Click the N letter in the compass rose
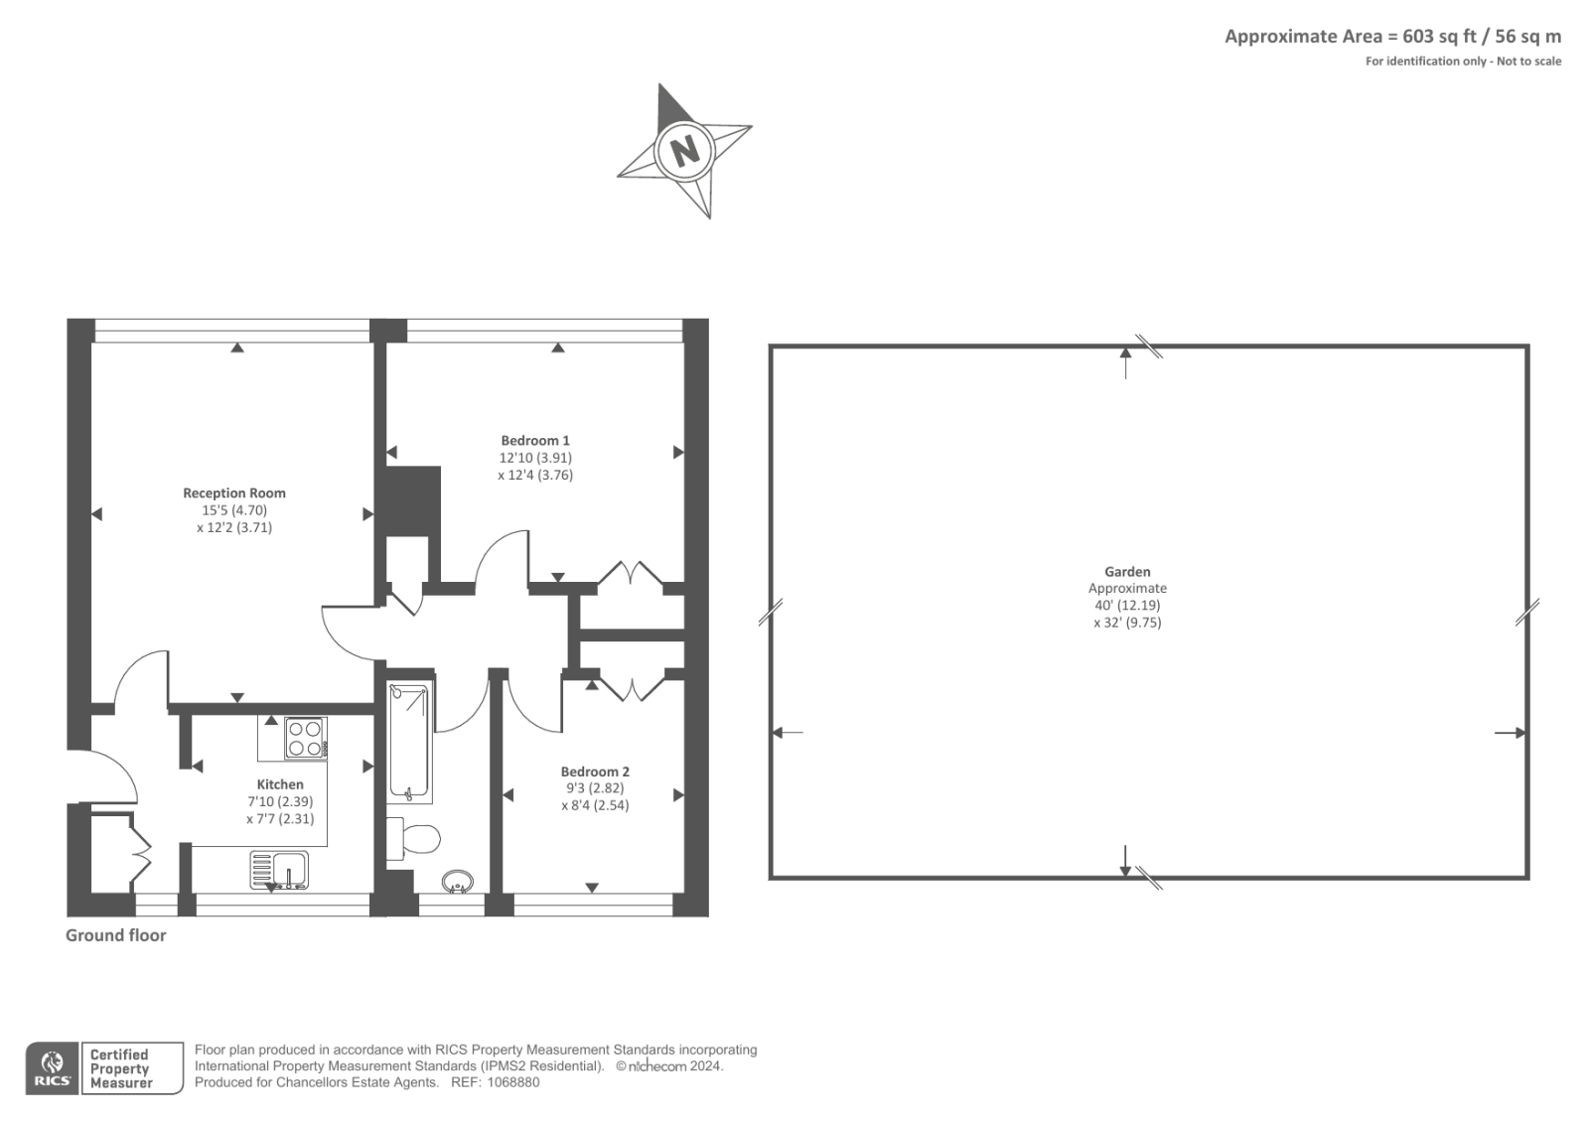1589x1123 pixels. click(x=684, y=151)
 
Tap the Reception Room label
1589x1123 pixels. click(x=234, y=493)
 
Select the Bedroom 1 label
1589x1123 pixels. click(x=535, y=441)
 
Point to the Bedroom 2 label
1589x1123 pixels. click(x=595, y=772)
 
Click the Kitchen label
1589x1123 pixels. click(x=280, y=784)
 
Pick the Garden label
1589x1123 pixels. click(x=1127, y=572)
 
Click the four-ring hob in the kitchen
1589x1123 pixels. click(x=305, y=738)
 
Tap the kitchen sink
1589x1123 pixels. click(x=279, y=871)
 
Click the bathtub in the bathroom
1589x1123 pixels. click(x=409, y=742)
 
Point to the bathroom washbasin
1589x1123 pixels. click(x=458, y=882)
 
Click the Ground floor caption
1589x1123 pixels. click(x=115, y=935)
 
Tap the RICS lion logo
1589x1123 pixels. click(x=53, y=1068)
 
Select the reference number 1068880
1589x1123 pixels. click(x=512, y=1082)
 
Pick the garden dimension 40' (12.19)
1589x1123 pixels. click(x=1127, y=605)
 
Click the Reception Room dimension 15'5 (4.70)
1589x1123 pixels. click(x=234, y=510)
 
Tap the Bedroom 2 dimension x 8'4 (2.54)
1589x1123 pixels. click(x=595, y=805)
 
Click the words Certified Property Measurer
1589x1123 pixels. click(x=120, y=1068)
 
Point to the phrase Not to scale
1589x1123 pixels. click(x=1528, y=62)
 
